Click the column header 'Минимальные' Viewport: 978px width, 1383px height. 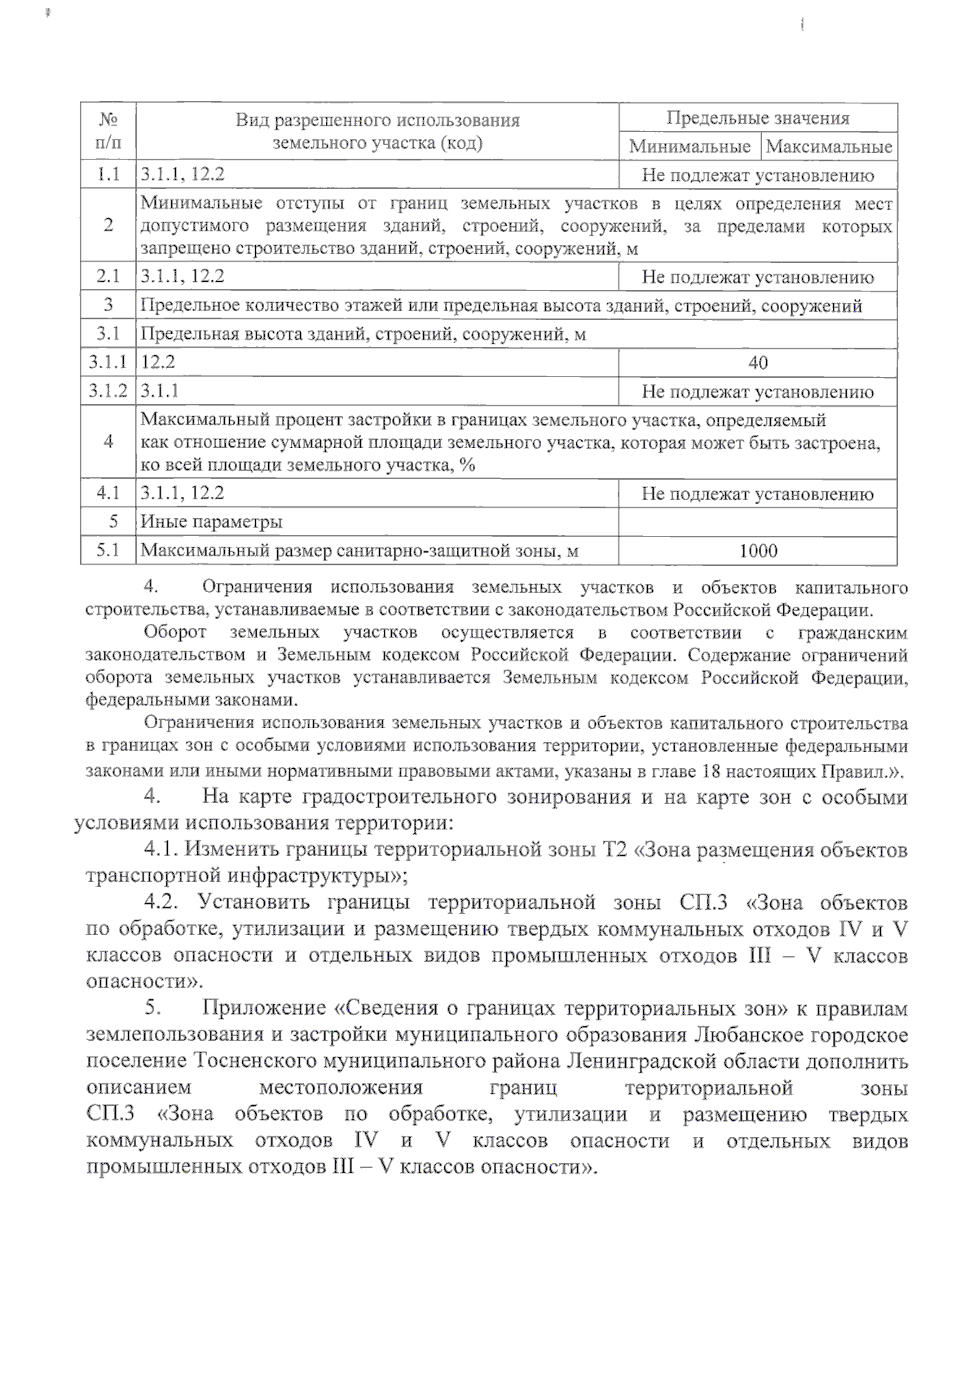[x=689, y=147]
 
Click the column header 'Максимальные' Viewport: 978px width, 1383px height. [x=829, y=147]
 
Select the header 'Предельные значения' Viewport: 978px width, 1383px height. [x=757, y=118]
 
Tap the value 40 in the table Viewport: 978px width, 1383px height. [x=757, y=362]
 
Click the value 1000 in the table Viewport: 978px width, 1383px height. [x=757, y=551]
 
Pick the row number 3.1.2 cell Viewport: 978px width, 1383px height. [x=108, y=392]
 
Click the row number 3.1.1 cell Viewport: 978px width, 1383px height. [x=108, y=362]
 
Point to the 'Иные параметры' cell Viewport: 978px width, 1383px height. [x=212, y=522]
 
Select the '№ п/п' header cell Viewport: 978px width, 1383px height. [x=108, y=131]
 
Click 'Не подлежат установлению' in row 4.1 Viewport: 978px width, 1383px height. [x=757, y=494]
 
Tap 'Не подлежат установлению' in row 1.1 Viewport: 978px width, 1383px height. [x=757, y=175]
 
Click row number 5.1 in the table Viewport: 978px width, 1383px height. [x=108, y=551]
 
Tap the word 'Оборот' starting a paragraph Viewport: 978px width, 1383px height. [x=174, y=633]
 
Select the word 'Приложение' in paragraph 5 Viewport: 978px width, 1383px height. [x=264, y=1008]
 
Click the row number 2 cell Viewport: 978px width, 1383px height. [x=108, y=226]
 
